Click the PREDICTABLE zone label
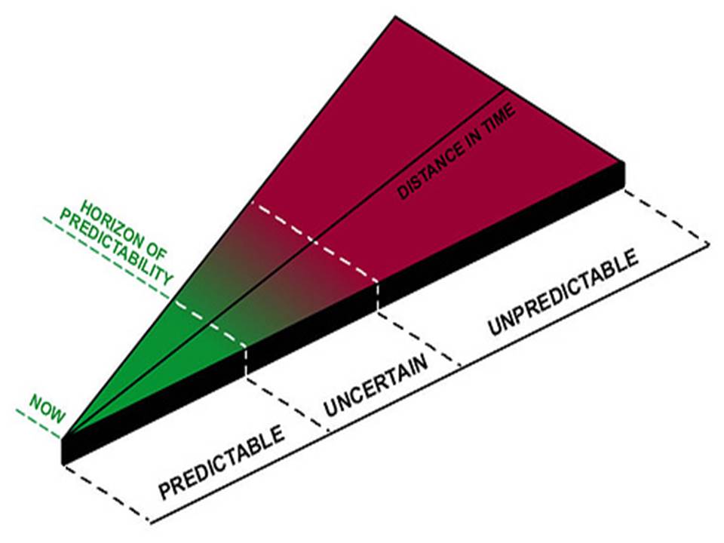[222, 463]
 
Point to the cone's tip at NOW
[63, 436]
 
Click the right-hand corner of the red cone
[623, 161]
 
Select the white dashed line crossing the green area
[211, 324]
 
